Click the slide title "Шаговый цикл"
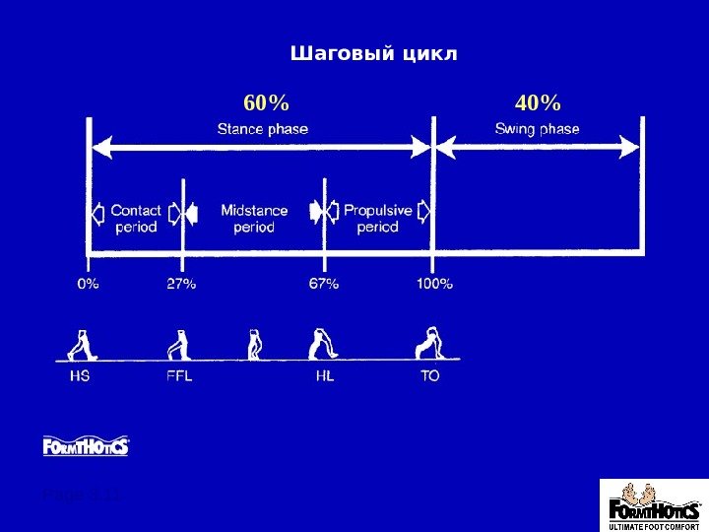point(374,52)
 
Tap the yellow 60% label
point(266,102)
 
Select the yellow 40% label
point(538,102)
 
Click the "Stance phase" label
point(262,129)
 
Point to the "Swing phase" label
point(537,129)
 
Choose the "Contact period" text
point(136,218)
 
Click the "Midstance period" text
point(254,218)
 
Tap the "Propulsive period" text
point(377,218)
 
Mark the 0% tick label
point(88,284)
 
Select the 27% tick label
point(181,284)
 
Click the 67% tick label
point(324,284)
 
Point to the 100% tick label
point(433,284)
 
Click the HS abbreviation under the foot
point(80,376)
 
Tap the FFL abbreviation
point(179,376)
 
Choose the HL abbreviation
point(324,376)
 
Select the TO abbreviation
point(430,376)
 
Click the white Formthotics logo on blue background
point(86,447)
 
